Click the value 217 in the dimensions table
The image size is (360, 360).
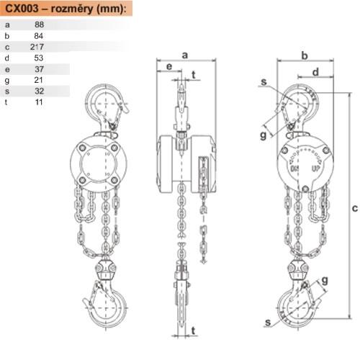pyautogui.click(x=37, y=47)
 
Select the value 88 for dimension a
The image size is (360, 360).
pyautogui.click(x=39, y=24)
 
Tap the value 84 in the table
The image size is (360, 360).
pyautogui.click(x=39, y=36)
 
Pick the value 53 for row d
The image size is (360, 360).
pyautogui.click(x=39, y=58)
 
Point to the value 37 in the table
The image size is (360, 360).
pyautogui.click(x=39, y=69)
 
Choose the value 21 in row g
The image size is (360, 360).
pyautogui.click(x=38, y=80)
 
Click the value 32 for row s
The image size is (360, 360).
pyautogui.click(x=39, y=91)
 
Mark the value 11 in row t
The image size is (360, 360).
pyautogui.click(x=39, y=102)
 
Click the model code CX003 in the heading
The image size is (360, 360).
pyautogui.click(x=22, y=9)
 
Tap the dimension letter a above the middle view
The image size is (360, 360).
pyautogui.click(x=184, y=55)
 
